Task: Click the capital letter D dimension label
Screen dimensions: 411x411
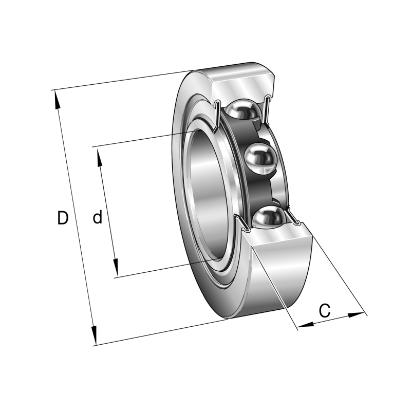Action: click(x=62, y=218)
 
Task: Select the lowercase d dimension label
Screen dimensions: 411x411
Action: click(x=97, y=218)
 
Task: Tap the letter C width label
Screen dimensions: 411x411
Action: click(x=324, y=310)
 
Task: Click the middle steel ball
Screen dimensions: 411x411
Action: click(x=260, y=159)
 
